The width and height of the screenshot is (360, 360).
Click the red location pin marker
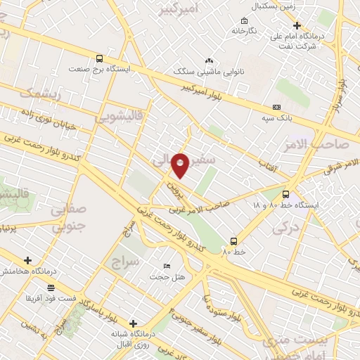[x=181, y=165]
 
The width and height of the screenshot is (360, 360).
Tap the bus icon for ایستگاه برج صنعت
[x=99, y=58]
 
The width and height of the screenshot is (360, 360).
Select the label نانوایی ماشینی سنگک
[x=208, y=72]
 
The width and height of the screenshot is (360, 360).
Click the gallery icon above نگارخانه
[x=244, y=20]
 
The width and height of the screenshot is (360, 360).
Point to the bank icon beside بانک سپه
[x=276, y=107]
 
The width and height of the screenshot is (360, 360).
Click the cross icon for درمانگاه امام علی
[x=297, y=26]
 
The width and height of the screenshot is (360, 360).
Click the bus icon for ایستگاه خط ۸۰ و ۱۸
[x=285, y=194]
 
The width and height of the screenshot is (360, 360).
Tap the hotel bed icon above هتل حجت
[x=166, y=266]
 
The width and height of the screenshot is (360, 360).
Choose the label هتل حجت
[x=167, y=276]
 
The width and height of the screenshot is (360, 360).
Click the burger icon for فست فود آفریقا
[x=51, y=288]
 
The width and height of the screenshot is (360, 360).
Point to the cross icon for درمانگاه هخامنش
[x=27, y=260]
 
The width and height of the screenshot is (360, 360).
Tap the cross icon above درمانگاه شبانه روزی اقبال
[x=133, y=323]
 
